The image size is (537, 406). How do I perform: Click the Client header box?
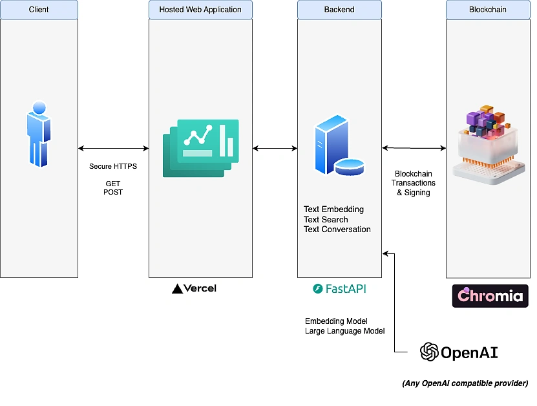(x=39, y=10)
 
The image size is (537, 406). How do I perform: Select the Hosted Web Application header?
(x=200, y=10)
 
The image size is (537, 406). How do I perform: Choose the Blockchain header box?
(x=487, y=10)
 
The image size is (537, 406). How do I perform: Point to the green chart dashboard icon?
(x=200, y=147)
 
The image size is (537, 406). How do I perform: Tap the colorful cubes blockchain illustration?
(x=488, y=145)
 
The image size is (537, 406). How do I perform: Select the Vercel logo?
(x=195, y=288)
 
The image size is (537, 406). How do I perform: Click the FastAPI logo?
(x=339, y=289)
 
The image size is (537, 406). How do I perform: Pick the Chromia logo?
(x=490, y=295)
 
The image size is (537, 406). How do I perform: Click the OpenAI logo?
(x=459, y=352)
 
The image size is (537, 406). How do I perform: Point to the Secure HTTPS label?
(x=113, y=166)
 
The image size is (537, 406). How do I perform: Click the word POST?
(x=113, y=192)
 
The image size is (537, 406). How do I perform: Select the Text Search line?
(x=326, y=219)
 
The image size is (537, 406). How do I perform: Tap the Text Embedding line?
(x=333, y=209)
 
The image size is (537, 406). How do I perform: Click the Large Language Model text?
(x=344, y=331)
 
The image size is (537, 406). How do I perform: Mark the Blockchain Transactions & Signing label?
(x=414, y=183)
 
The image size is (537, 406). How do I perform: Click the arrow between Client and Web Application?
(x=113, y=148)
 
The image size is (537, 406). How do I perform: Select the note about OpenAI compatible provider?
(x=465, y=383)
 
